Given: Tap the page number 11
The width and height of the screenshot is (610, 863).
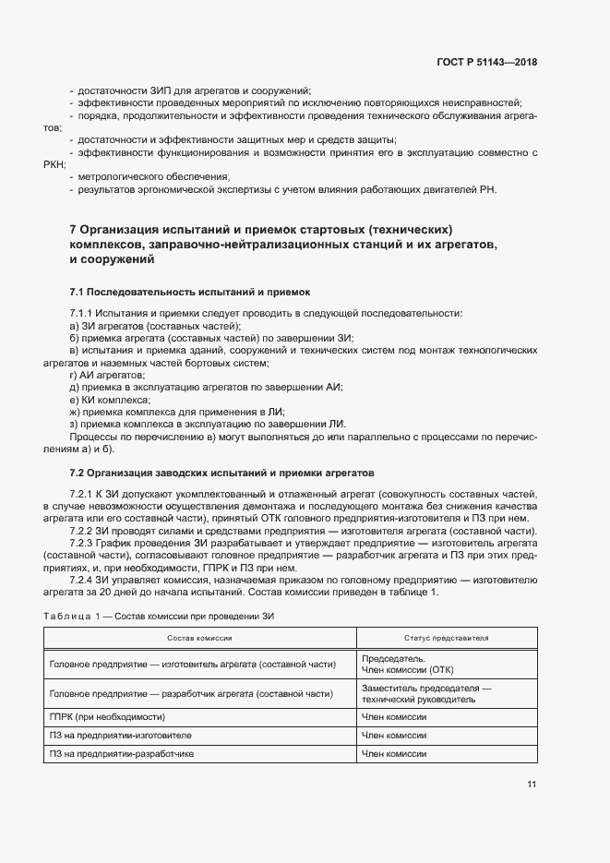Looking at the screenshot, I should [532, 785].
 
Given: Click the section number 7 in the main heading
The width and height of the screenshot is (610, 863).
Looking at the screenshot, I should [73, 229].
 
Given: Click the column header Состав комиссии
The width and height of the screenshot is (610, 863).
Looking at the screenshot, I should [199, 638].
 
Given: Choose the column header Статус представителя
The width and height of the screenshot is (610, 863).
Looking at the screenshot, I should [446, 638].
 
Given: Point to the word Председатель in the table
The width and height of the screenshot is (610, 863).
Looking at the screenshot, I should [393, 658].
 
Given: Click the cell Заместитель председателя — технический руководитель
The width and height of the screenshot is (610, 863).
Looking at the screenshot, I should [426, 694].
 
